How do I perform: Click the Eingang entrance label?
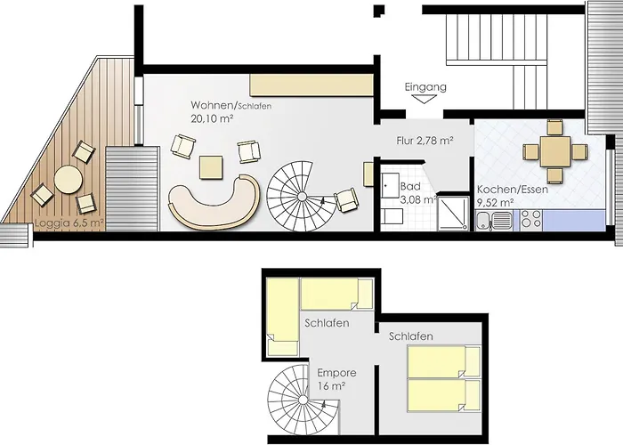click(x=425, y=87)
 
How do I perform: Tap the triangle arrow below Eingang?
click(x=425, y=99)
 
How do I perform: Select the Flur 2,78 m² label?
click(x=425, y=141)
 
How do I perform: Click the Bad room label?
click(x=410, y=186)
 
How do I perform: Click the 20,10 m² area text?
click(x=212, y=118)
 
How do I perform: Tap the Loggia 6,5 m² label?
click(x=69, y=222)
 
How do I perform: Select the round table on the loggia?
click(x=69, y=179)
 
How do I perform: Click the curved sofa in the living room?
click(x=214, y=203)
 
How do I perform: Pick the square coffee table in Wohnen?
click(x=211, y=167)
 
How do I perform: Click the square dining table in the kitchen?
click(x=555, y=152)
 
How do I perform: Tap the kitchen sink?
click(x=494, y=221)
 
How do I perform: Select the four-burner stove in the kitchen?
click(x=531, y=221)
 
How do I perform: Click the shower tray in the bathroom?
click(x=453, y=214)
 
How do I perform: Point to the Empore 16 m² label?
click(x=336, y=379)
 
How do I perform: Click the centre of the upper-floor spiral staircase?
click(x=303, y=399)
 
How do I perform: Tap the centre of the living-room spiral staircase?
click(x=302, y=196)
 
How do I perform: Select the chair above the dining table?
click(x=554, y=127)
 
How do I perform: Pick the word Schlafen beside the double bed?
click(x=411, y=336)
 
